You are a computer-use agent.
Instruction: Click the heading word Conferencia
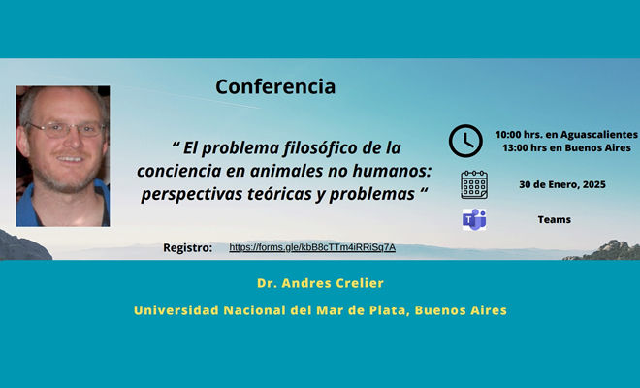(275, 86)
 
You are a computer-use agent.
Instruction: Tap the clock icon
(465, 141)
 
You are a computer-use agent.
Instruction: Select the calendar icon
(474, 184)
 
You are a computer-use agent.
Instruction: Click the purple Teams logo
(474, 219)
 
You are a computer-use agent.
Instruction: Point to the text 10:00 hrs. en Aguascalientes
(566, 134)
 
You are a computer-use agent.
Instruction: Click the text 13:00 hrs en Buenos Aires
(566, 147)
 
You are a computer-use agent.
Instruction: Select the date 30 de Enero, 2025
(560, 184)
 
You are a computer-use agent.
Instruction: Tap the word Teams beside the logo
(555, 219)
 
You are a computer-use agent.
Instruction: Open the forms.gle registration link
(312, 247)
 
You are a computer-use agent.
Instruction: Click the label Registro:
(188, 248)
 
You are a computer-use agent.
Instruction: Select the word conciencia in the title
(181, 172)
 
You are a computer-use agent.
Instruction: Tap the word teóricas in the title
(282, 193)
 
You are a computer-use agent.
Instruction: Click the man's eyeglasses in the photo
(64, 128)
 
